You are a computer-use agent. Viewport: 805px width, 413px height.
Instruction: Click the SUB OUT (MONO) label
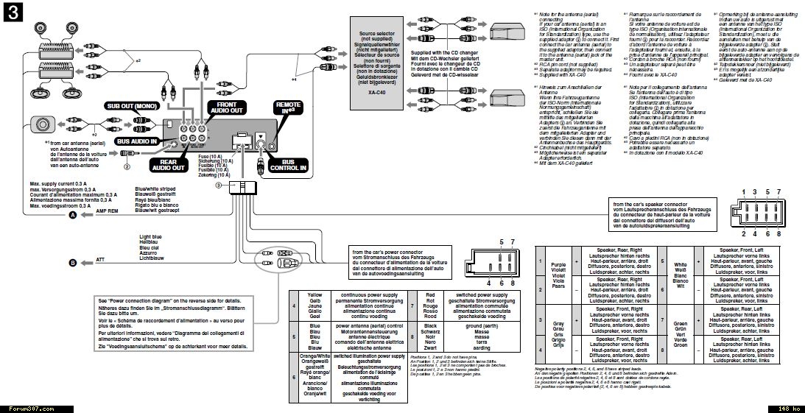point(133,106)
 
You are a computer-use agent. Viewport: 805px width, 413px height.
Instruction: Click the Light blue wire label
point(151,237)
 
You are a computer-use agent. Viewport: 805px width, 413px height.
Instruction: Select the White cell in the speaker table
point(680,263)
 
